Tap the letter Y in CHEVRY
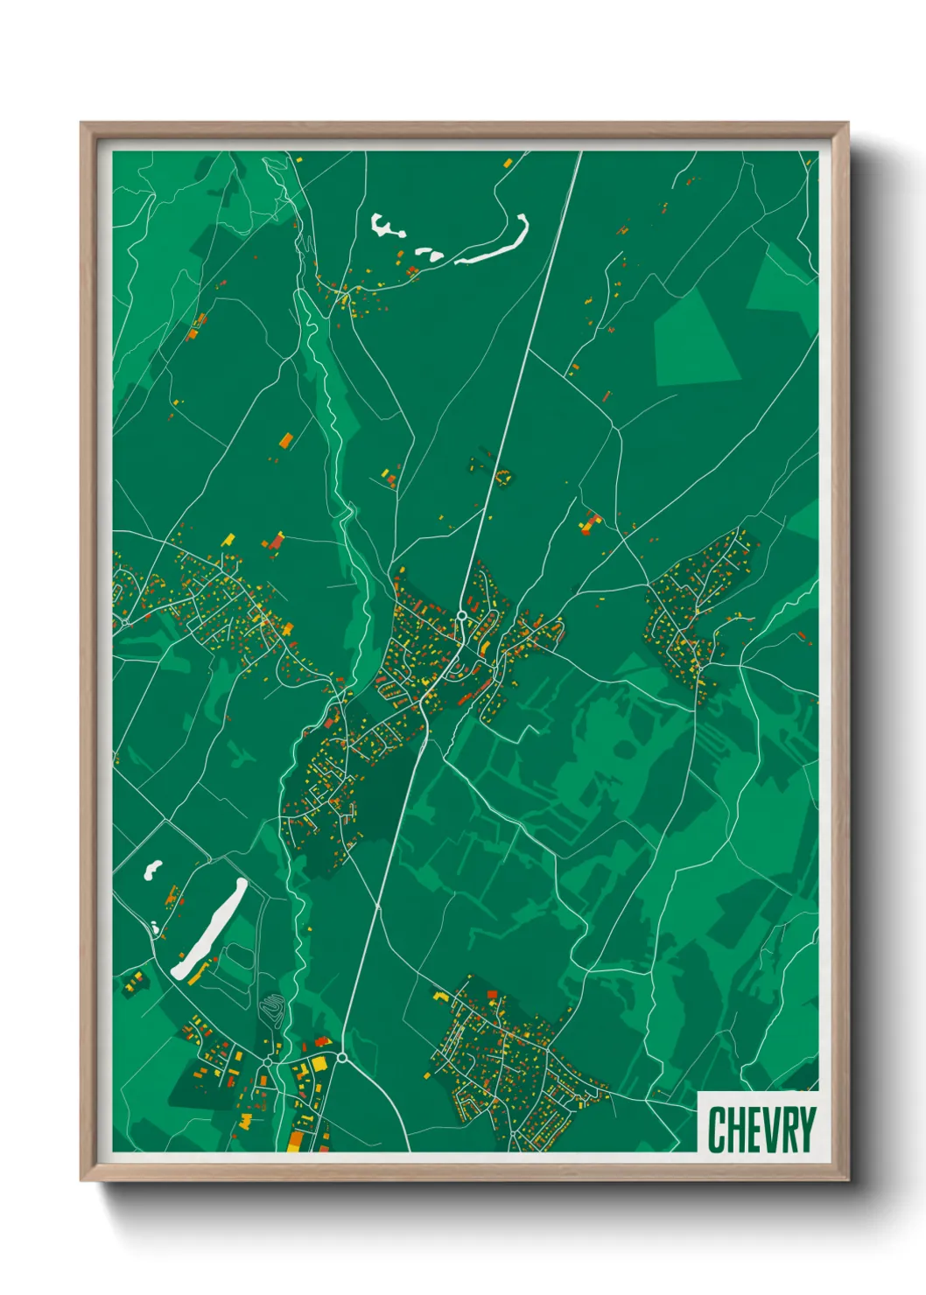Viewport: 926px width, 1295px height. [805, 1130]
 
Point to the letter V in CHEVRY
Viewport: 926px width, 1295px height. [763, 1130]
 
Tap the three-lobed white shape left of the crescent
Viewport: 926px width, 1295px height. [385, 227]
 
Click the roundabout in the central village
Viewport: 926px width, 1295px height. [460, 616]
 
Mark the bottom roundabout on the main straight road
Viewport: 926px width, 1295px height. [342, 1058]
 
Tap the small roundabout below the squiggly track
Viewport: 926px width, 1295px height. [267, 1062]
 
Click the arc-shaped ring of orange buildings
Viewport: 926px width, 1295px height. [503, 476]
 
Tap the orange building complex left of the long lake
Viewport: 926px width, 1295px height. [172, 896]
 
